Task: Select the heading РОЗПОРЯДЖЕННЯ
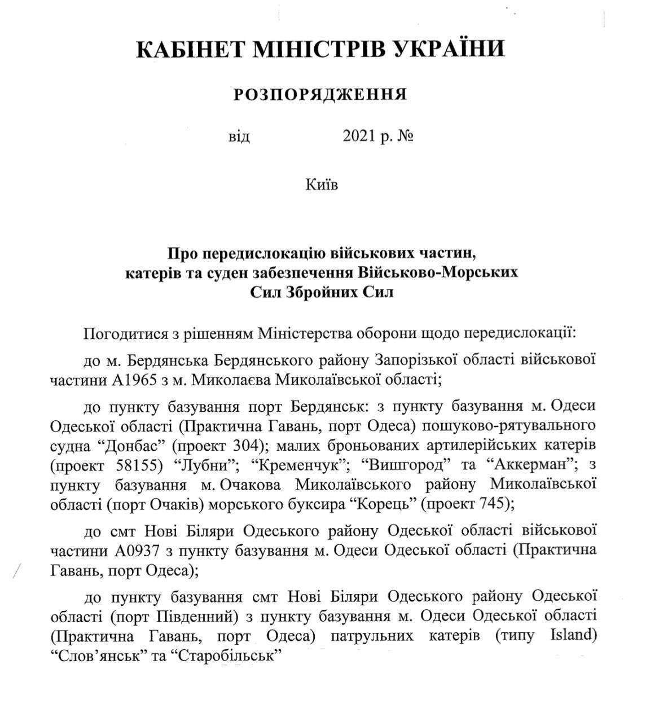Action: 320,94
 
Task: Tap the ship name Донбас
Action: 134,445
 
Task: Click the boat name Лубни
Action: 200,465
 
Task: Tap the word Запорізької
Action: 414,359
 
